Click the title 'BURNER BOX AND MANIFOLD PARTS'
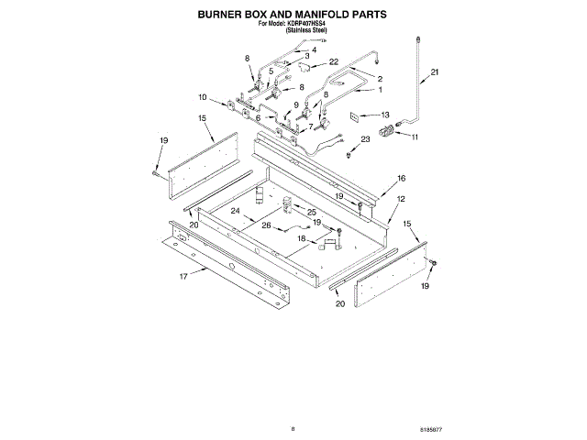point(293,16)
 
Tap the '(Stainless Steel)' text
point(306,31)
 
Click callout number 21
point(436,72)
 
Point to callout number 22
point(334,62)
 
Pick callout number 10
point(203,97)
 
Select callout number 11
point(414,137)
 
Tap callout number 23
point(365,138)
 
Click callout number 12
point(401,199)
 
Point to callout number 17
point(183,276)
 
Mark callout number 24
point(235,211)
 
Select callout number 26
point(266,226)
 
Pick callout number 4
point(314,51)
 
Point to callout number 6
point(259,118)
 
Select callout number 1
point(381,90)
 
